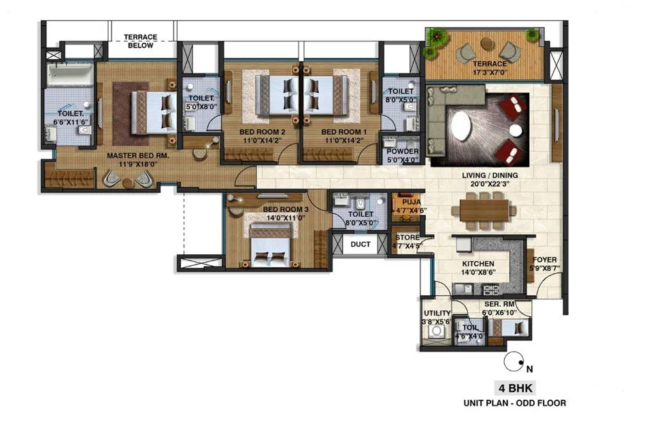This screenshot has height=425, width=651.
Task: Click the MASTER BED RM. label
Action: [138, 156]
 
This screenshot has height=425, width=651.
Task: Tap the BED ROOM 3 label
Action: [286, 209]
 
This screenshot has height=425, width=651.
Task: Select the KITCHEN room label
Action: [478, 264]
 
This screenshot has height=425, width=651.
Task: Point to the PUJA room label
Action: [412, 202]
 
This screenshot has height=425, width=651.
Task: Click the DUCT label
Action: [361, 244]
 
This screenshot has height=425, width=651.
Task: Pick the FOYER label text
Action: [545, 260]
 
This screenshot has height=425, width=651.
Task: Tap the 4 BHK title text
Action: [515, 388]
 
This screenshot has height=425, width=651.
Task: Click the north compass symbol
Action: [514, 362]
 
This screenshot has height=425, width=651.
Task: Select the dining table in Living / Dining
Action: [484, 210]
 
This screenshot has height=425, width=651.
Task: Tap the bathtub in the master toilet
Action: [70, 75]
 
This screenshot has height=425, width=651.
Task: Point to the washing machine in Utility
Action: [436, 331]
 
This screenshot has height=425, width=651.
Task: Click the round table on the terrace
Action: [486, 43]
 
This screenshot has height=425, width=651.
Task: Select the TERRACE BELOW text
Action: [140, 41]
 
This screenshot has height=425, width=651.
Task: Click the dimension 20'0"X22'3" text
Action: [490, 184]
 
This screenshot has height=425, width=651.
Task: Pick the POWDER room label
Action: [402, 152]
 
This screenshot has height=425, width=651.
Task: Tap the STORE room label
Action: [407, 237]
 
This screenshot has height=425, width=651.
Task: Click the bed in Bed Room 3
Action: [271, 245]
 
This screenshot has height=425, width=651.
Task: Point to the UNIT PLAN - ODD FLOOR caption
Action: [515, 403]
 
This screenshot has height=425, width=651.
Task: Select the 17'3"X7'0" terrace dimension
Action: [490, 73]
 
